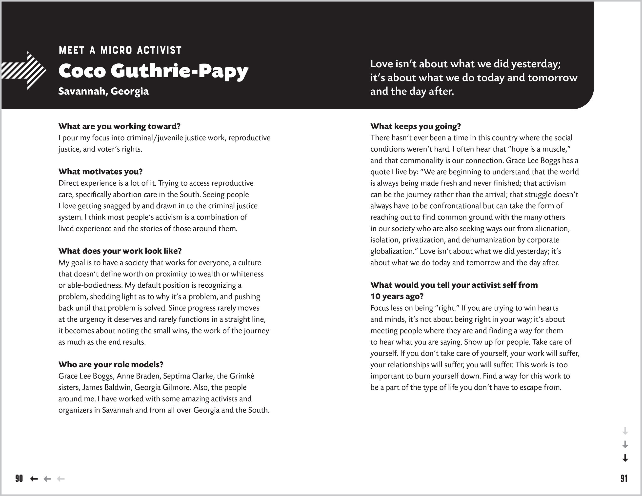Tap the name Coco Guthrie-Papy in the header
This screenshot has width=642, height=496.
pos(153,71)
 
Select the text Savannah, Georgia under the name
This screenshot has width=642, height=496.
pos(103,91)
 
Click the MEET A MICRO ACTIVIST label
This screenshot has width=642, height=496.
pos(120,50)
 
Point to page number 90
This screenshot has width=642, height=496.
pos(19,479)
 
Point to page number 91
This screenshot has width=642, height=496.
pos(624,479)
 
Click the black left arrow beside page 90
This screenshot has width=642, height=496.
pos(34,479)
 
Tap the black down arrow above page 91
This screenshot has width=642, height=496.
pos(625,458)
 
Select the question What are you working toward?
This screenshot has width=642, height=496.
pos(119,126)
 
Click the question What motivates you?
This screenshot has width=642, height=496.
pos(100,172)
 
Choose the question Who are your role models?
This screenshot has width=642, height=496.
pos(111,365)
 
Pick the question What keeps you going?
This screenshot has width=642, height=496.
pos(416,126)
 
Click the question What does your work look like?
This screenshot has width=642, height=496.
pos(120,251)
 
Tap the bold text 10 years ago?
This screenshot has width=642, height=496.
pos(397,296)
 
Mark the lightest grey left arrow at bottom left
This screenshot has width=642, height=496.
pos(60,479)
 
